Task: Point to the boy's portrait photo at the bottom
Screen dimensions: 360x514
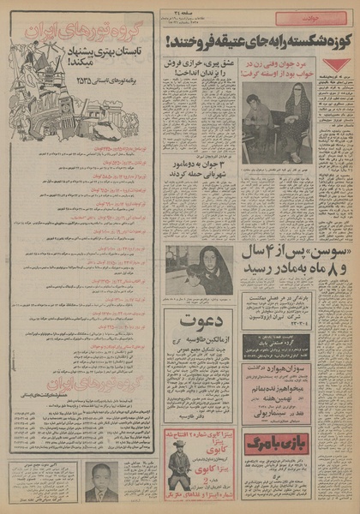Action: [x=102, y=481]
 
